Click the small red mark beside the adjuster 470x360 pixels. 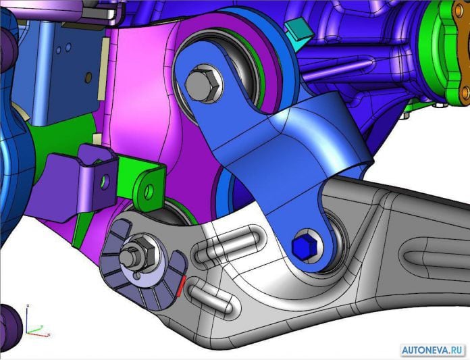click(x=182, y=286)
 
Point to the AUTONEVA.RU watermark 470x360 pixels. click(x=433, y=350)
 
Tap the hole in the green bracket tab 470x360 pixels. click(x=149, y=191)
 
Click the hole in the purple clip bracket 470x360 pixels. click(x=105, y=182)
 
